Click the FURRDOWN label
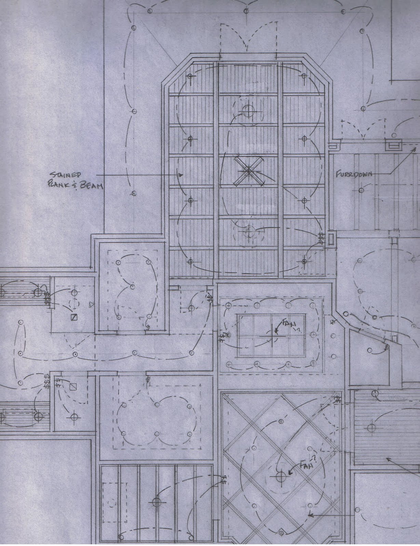pyautogui.click(x=354, y=174)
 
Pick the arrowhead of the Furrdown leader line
pyautogui.click(x=414, y=149)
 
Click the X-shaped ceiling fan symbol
pyautogui.click(x=249, y=171)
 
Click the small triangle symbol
pyautogui.click(x=92, y=305)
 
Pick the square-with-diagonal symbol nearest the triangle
pyautogui.click(x=74, y=317)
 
